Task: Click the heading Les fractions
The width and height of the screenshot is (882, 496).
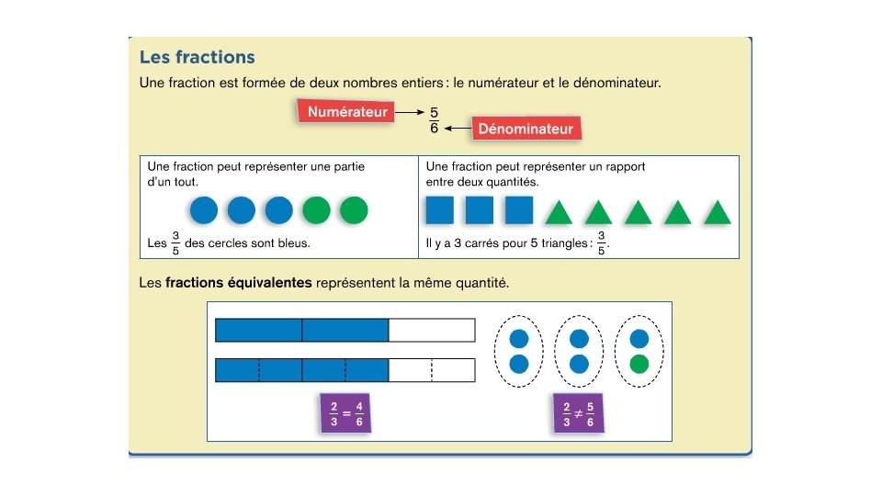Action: [x=197, y=57]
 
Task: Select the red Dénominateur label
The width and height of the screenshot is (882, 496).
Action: [x=526, y=130]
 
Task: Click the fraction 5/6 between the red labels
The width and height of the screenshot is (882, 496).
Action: [x=434, y=120]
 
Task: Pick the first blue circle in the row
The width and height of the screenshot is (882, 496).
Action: [x=204, y=211]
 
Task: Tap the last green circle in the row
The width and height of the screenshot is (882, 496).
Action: [x=354, y=211]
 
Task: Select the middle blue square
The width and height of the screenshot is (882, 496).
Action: [x=479, y=211]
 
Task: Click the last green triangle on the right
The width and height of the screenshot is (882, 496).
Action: [x=717, y=213]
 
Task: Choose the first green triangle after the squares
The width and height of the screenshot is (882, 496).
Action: [x=559, y=213]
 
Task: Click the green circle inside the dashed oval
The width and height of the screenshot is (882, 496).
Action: [x=639, y=364]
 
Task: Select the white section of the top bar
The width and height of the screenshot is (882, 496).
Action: [x=431, y=330]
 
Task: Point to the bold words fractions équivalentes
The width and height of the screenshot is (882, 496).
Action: [x=238, y=283]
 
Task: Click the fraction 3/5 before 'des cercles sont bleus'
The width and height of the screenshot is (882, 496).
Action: [x=175, y=244]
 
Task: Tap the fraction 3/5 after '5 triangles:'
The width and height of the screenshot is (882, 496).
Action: [x=602, y=244]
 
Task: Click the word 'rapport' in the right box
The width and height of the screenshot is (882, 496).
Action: [x=624, y=166]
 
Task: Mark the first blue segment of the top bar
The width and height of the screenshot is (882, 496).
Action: [x=258, y=330]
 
